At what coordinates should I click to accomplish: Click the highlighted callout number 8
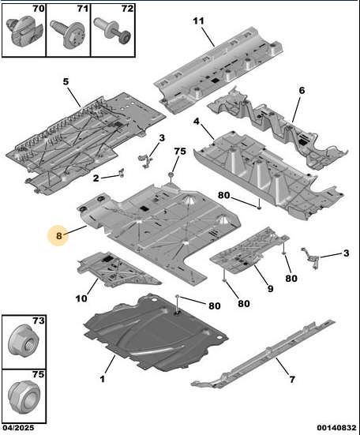point(58,235)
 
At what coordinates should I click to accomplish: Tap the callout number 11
point(198,21)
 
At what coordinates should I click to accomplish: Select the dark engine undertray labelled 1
point(156,332)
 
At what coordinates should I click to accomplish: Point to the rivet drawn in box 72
point(112,31)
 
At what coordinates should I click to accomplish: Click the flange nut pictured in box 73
point(24,339)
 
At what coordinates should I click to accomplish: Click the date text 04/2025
point(18,428)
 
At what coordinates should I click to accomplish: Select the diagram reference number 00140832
point(336,428)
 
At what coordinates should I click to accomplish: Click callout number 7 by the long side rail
point(292,379)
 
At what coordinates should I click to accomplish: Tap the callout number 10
point(81,298)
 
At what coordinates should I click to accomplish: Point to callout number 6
point(302,91)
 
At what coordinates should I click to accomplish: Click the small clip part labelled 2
point(122,173)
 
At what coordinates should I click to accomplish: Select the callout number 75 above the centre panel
point(180,152)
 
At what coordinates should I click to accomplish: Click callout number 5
point(66,81)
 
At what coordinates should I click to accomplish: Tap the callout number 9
point(271,288)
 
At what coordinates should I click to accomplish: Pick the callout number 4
point(197,122)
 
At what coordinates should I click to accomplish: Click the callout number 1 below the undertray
point(103,379)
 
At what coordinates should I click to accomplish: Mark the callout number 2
point(96,178)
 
